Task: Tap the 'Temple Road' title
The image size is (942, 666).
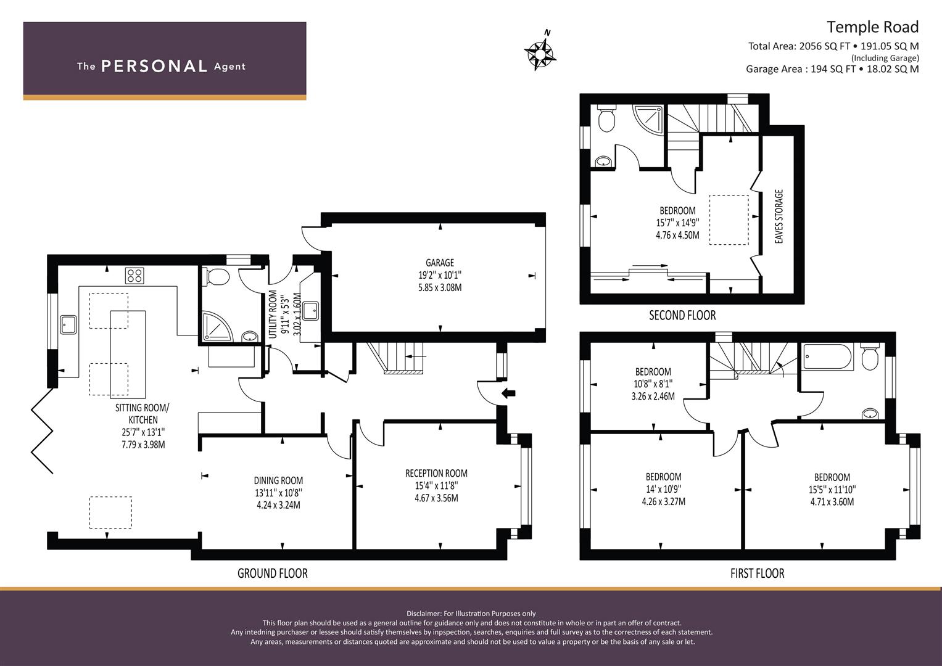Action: pos(873,27)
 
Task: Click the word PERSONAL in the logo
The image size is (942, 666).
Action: pos(154,66)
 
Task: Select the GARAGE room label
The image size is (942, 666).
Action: pos(440,263)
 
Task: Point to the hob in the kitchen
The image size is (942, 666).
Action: pos(134,276)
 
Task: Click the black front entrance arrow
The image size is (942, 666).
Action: pos(509,393)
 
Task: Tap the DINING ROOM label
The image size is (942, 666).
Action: pos(278,480)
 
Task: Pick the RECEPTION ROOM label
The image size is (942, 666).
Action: pos(437,473)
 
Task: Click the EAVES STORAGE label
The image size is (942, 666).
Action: pos(779,216)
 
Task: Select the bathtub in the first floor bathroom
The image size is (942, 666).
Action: pos(828,357)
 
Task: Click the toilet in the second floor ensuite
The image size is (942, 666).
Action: pos(606,118)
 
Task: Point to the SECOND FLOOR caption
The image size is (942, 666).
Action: pos(682,315)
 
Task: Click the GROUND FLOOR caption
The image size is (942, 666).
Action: pos(273,573)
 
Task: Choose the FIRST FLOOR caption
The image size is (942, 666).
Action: pos(758,573)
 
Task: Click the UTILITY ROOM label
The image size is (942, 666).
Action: pos(273,314)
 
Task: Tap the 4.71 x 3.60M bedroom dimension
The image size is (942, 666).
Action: pos(832,501)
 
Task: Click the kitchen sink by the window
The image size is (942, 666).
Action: pos(68,324)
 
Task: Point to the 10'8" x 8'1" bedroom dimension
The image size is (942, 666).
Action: pos(653,384)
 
